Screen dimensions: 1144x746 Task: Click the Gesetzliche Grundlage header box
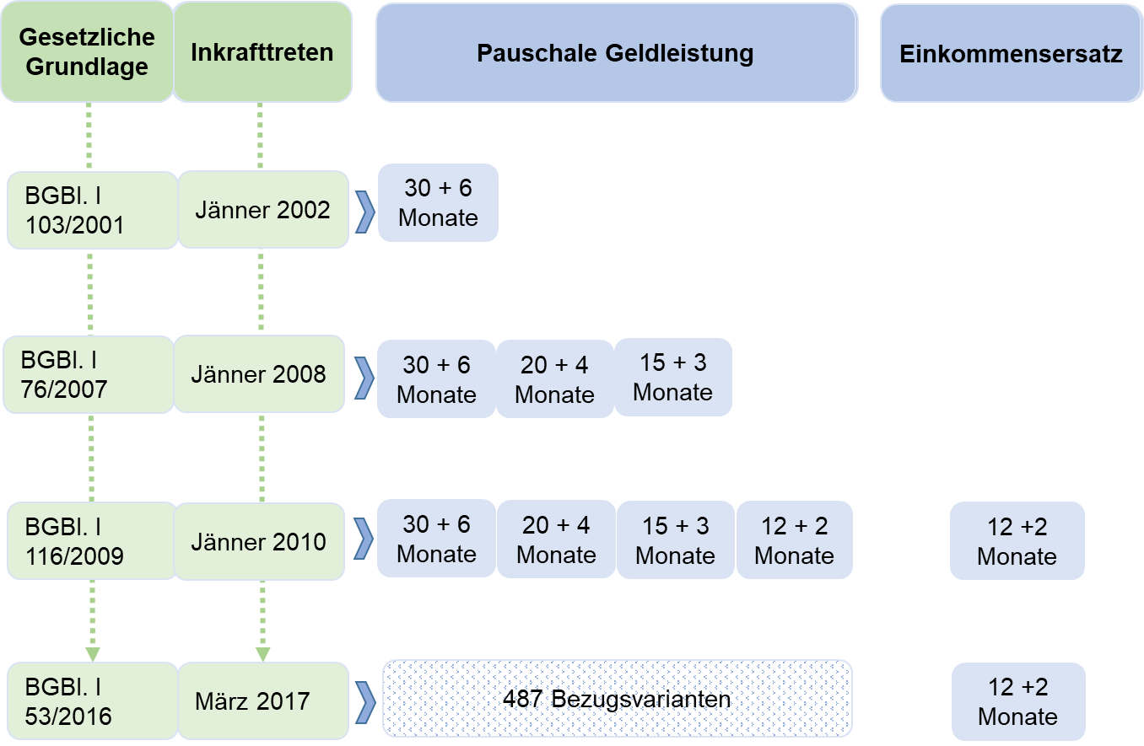[87, 52]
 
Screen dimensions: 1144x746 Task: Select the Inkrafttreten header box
[262, 52]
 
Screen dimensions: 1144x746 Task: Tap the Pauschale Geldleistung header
[617, 53]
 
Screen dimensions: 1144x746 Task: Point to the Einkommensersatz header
[1012, 53]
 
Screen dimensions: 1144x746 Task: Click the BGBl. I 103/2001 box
[93, 210]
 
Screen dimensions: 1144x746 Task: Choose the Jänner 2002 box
[263, 210]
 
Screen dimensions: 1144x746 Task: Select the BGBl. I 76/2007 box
[89, 374]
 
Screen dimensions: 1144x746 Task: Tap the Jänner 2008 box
[259, 374]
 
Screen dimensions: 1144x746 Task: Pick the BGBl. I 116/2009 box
[92, 541]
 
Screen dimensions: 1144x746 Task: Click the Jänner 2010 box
[259, 541]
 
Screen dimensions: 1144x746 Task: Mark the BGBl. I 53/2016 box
[93, 701]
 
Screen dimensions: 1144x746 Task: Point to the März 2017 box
[263, 701]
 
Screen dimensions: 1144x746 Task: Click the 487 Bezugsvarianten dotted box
[617, 699]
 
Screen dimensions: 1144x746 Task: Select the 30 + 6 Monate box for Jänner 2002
[438, 202]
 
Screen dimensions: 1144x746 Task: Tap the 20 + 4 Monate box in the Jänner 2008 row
[554, 379]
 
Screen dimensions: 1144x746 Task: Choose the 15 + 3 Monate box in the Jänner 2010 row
[676, 539]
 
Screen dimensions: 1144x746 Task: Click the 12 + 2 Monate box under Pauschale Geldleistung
[795, 539]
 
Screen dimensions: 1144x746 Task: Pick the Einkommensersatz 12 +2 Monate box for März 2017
[1018, 701]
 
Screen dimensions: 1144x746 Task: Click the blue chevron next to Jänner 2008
[364, 378]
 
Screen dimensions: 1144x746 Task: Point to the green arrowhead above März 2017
[262, 654]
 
